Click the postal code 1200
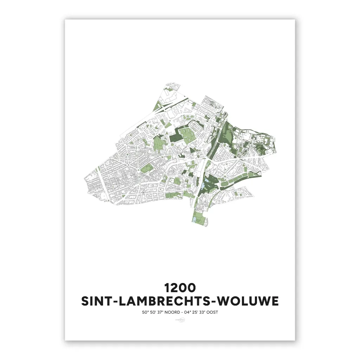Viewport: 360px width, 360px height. coord(180,288)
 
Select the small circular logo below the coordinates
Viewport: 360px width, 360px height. coord(180,320)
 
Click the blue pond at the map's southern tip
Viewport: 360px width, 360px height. coord(194,220)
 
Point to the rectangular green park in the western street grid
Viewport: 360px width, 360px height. coord(145,169)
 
